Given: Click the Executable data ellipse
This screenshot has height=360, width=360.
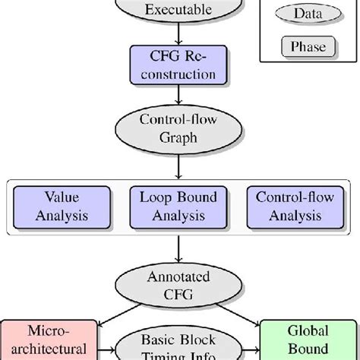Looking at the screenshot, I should pos(178,11).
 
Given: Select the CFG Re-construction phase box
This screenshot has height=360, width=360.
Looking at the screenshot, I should pos(178,65).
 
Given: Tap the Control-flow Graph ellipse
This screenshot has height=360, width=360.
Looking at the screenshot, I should pos(178,129).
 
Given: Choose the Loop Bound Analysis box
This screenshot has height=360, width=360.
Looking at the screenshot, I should pos(178,206).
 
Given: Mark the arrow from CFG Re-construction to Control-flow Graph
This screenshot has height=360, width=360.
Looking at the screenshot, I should pos(178,96).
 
